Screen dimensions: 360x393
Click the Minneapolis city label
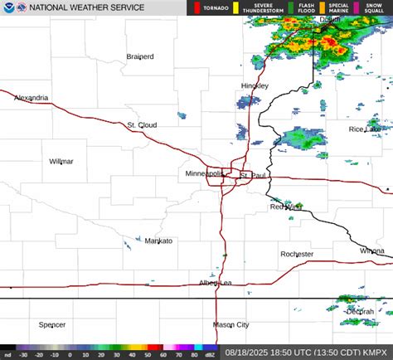click(x=203, y=174)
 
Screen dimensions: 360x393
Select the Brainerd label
click(x=140, y=56)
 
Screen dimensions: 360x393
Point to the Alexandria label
click(x=30, y=98)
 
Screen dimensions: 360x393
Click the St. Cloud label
click(x=142, y=125)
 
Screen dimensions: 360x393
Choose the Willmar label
click(x=61, y=161)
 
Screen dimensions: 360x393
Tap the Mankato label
click(x=158, y=241)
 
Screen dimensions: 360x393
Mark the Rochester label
click(x=297, y=254)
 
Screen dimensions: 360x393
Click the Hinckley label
click(x=255, y=86)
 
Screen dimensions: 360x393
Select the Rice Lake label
click(x=365, y=129)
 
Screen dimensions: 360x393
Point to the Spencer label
click(x=52, y=324)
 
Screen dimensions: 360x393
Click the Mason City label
click(x=230, y=324)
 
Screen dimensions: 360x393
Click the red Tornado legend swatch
click(x=197, y=8)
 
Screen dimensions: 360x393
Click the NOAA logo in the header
click(x=8, y=8)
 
